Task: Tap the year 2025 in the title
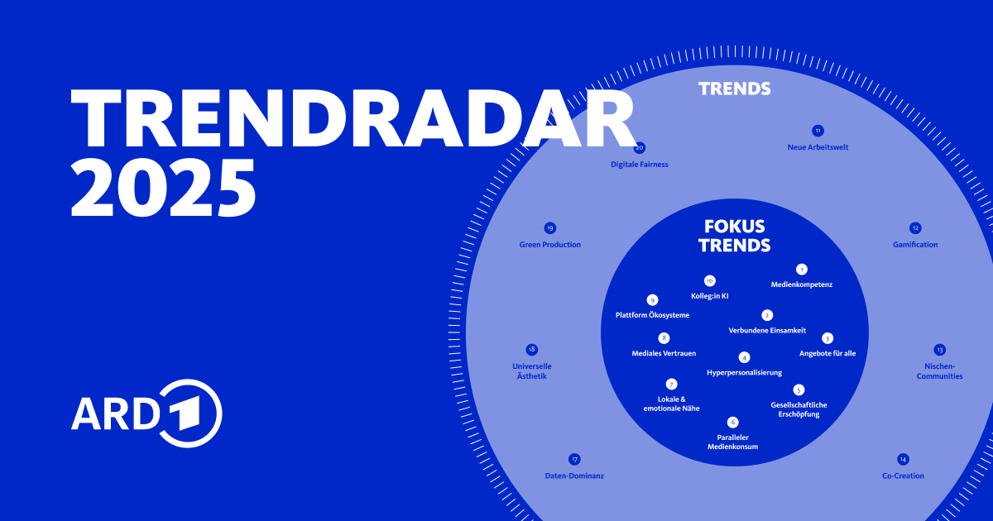point(163,188)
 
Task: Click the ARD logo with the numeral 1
point(146,413)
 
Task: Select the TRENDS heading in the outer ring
point(734,88)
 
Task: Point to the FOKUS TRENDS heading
point(734,236)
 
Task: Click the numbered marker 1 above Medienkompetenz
point(801,270)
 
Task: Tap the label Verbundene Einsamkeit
point(767,331)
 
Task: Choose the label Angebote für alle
point(827,353)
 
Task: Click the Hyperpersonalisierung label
point(744,373)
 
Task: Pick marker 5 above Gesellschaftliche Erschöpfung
point(799,390)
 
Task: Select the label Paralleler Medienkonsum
point(732,442)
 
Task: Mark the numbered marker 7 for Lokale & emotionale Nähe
point(671,384)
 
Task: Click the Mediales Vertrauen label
point(663,353)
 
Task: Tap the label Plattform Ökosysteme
point(652,315)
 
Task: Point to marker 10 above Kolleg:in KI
point(709,280)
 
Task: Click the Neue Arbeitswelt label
point(818,147)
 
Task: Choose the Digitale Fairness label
point(639,165)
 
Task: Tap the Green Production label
point(550,245)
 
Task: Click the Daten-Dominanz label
point(574,476)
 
